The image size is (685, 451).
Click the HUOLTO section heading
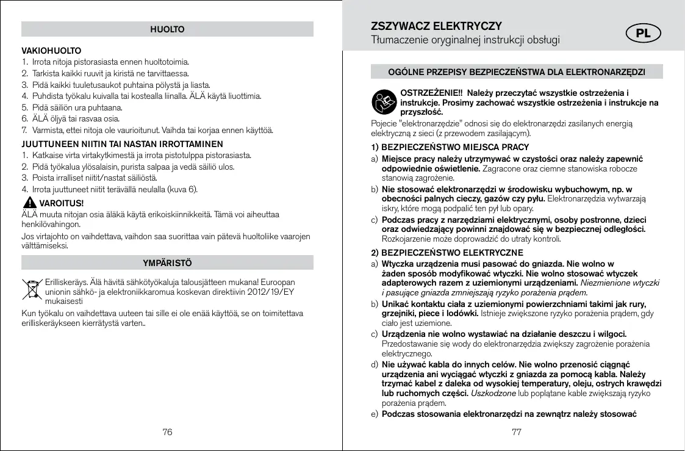click(x=167, y=29)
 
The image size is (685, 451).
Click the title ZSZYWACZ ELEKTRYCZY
click(x=436, y=26)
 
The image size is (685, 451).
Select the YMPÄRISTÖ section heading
click(x=167, y=262)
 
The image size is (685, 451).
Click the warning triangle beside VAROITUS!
click(x=28, y=203)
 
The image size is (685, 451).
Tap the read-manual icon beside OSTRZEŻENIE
click(x=383, y=102)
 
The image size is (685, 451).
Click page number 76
click(x=167, y=431)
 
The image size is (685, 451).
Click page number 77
click(x=517, y=431)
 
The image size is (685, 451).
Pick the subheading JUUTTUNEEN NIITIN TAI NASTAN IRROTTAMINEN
click(x=122, y=144)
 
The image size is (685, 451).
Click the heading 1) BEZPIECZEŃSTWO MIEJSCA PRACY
click(x=450, y=147)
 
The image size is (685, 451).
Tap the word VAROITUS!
click(x=61, y=203)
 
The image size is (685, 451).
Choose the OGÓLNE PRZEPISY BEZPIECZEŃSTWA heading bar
click(x=517, y=73)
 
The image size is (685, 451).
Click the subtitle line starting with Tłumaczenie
click(x=466, y=40)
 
